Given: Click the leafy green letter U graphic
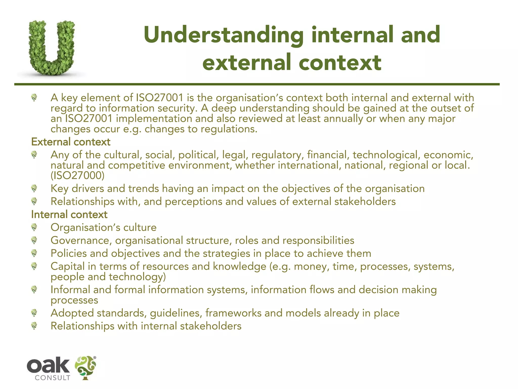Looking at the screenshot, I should click(x=52, y=48).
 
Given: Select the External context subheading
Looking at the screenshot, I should click(x=71, y=142).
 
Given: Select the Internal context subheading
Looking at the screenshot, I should click(x=69, y=215).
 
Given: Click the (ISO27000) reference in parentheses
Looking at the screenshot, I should click(x=77, y=176).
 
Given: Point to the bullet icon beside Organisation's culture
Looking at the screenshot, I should click(x=34, y=227).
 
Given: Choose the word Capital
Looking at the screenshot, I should click(x=68, y=266).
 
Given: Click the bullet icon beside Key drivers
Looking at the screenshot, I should click(x=34, y=188).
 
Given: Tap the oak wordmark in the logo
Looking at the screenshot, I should click(x=48, y=365).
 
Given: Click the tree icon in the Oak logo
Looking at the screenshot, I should click(x=85, y=367).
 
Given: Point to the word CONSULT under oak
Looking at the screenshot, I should click(x=52, y=378).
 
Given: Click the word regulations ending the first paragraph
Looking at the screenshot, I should click(x=229, y=129).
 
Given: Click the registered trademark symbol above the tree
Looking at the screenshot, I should click(x=95, y=358).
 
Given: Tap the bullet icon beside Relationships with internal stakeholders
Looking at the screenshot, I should click(x=34, y=326).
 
